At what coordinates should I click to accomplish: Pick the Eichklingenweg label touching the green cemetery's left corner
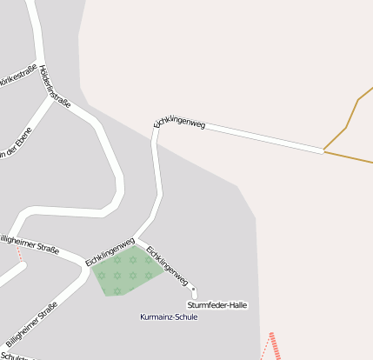coord(110,250)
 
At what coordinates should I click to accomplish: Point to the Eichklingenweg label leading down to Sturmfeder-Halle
coord(167,265)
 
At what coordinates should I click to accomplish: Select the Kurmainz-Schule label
coord(169,317)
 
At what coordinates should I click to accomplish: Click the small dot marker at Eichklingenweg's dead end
coord(194,290)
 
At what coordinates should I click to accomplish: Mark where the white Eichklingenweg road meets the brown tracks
coord(323,151)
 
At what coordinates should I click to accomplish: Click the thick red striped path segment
coord(275,346)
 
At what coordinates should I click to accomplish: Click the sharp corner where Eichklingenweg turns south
coord(156,130)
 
